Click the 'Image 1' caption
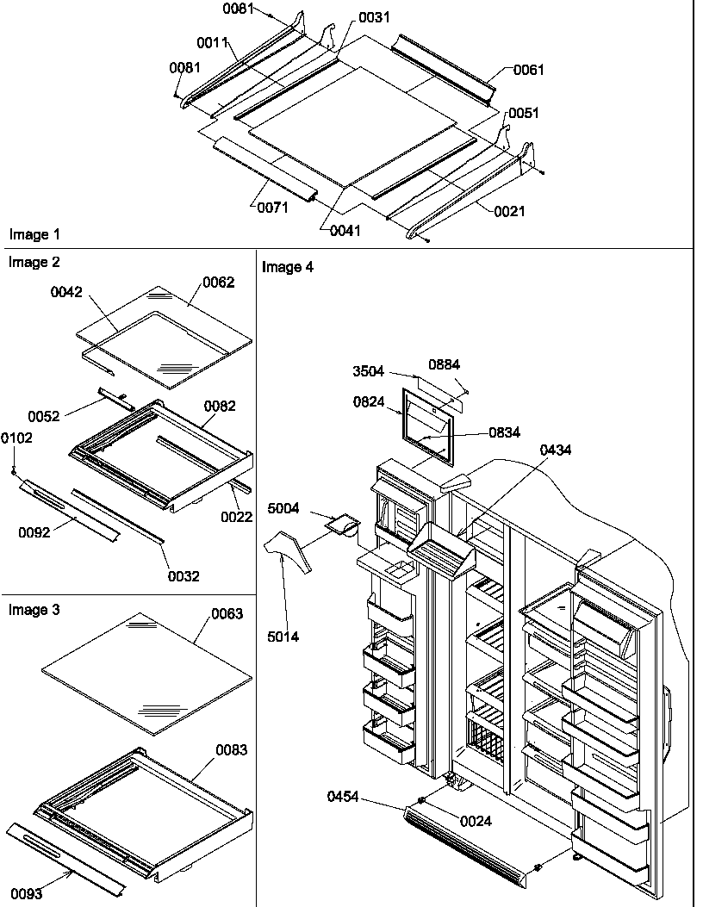coord(34,234)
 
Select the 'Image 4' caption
coord(288,267)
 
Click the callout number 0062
coord(218,282)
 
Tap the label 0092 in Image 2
coord(34,532)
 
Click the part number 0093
coord(27,893)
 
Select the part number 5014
coord(285,637)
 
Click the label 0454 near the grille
coord(343,798)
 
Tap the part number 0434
coord(556,450)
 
